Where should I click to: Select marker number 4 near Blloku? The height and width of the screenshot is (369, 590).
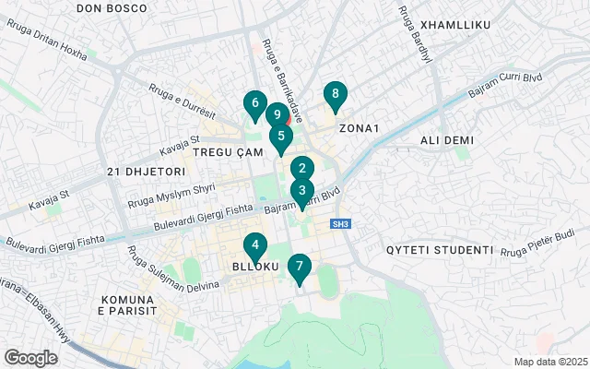coord(254,246)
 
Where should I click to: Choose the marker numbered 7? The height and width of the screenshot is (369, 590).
coord(299,268)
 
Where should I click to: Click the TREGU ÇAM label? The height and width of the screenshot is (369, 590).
coord(222,151)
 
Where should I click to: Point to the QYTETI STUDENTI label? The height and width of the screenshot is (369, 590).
coord(440,250)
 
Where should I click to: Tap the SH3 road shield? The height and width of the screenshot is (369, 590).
coord(342,224)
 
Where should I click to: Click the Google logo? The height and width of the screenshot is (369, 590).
coord(31,358)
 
